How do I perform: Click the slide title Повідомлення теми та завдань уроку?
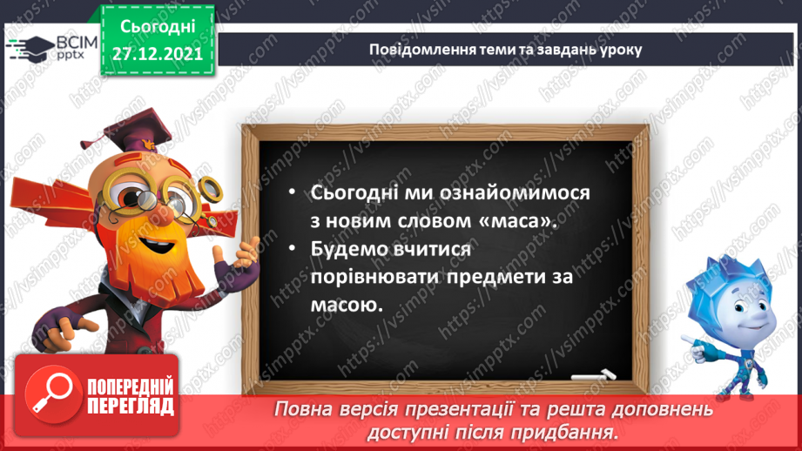[x=505, y=49]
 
